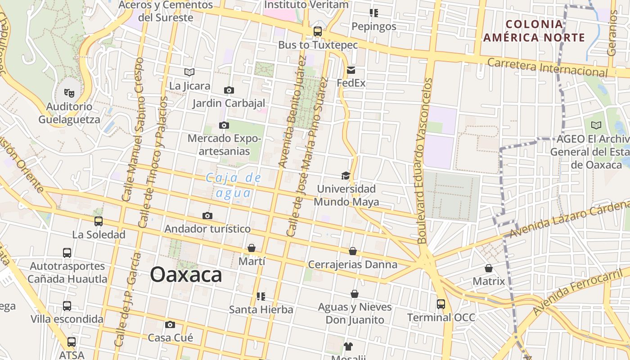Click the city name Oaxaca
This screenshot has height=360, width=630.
coord(186,274)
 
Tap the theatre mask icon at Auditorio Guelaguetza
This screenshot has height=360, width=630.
coord(69,93)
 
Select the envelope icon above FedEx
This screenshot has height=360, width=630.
coord(351,70)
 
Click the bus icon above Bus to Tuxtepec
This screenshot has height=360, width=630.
coord(318,31)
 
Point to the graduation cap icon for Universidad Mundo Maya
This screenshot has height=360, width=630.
coord(346,175)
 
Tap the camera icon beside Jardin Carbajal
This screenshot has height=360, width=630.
coord(229,90)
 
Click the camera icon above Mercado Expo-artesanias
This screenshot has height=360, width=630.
coord(224,125)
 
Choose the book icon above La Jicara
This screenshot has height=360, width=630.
coord(189,72)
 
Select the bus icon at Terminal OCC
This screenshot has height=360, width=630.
coord(441,304)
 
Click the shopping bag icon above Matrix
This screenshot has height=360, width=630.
coord(489,268)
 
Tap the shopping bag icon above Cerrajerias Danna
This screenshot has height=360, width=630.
coord(353,251)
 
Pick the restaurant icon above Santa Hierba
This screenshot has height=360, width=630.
coord(261,296)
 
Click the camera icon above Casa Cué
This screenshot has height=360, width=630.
coord(170,324)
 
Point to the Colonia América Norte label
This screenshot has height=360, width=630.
coord(534,31)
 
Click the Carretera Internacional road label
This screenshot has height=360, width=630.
coord(548,67)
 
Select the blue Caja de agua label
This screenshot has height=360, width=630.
coord(234,185)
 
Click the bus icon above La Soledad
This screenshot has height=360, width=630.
coord(99,221)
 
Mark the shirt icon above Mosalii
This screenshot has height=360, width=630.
coord(348,346)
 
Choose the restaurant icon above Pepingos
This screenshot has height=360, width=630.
coord(373,13)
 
